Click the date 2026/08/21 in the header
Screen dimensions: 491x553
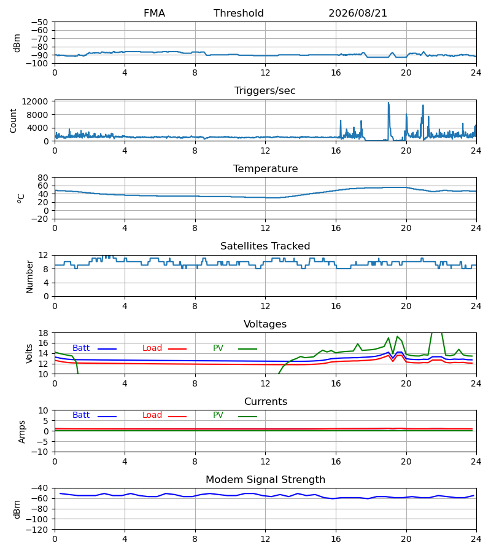point(357,14)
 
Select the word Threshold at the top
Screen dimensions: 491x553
point(239,14)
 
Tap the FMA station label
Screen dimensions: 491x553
point(154,14)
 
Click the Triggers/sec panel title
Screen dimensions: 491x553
point(265,91)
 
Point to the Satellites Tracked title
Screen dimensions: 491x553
point(265,246)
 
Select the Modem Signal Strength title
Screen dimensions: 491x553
point(265,480)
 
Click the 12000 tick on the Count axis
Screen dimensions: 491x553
point(35,102)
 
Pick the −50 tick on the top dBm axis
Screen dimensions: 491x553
point(39,22)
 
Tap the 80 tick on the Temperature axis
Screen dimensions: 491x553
point(43,178)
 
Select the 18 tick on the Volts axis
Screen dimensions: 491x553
point(44,333)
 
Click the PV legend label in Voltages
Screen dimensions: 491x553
point(218,348)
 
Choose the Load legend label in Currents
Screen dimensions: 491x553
point(152,415)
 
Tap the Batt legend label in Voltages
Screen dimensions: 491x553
point(81,348)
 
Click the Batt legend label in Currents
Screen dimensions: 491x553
point(81,415)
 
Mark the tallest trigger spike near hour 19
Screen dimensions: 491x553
point(389,103)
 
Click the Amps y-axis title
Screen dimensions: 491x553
point(22,432)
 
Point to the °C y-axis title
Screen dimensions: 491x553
point(21,198)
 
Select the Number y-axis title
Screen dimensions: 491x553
point(29,277)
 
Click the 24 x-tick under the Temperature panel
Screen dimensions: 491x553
point(476,228)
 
